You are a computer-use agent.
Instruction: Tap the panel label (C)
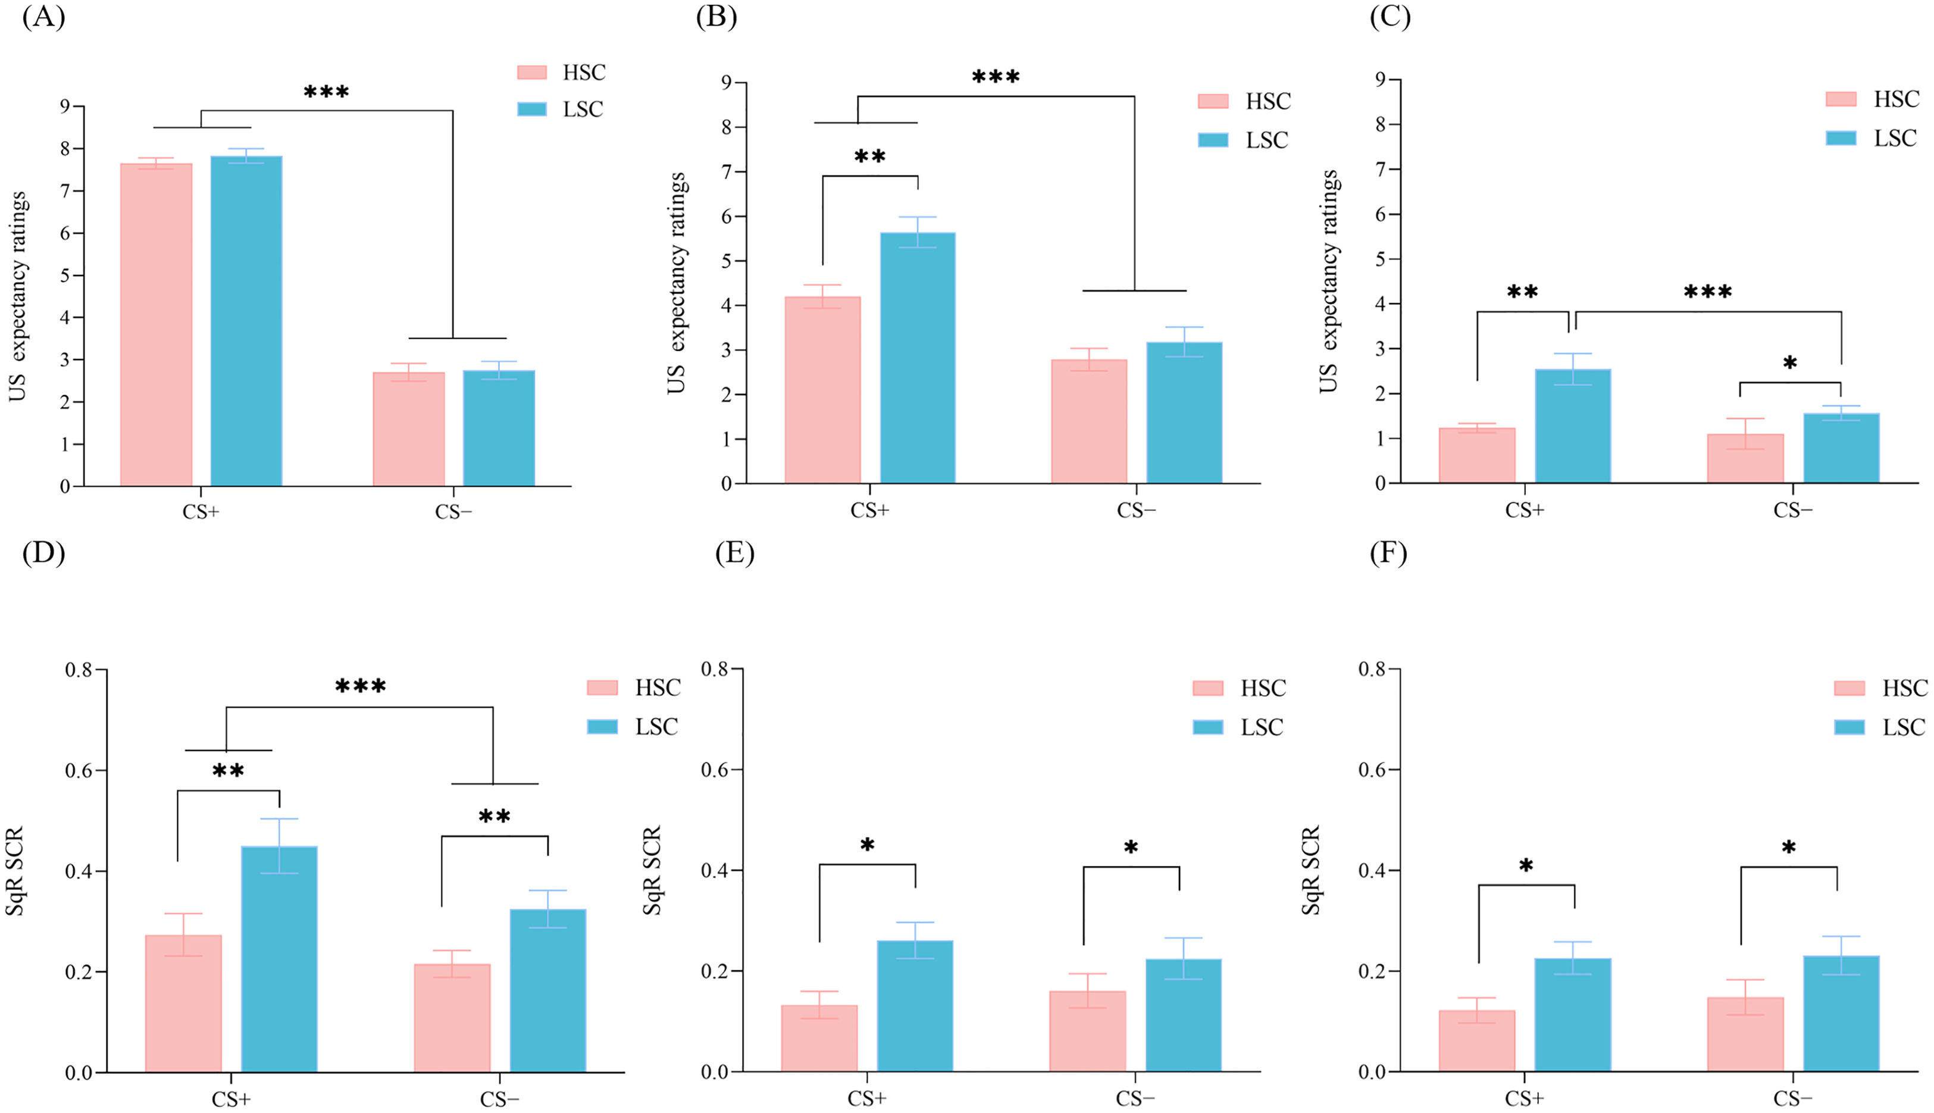tap(1389, 17)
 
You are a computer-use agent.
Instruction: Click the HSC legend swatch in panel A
tap(532, 73)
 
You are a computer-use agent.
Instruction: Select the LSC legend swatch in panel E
tap(1207, 727)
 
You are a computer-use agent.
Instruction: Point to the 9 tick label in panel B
tap(725, 83)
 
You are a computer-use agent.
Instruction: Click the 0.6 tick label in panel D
tap(78, 771)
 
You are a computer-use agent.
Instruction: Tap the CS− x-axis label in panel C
tap(1792, 510)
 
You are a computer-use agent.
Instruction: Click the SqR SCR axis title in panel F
tap(1310, 870)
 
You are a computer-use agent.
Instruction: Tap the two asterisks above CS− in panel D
tap(495, 817)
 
